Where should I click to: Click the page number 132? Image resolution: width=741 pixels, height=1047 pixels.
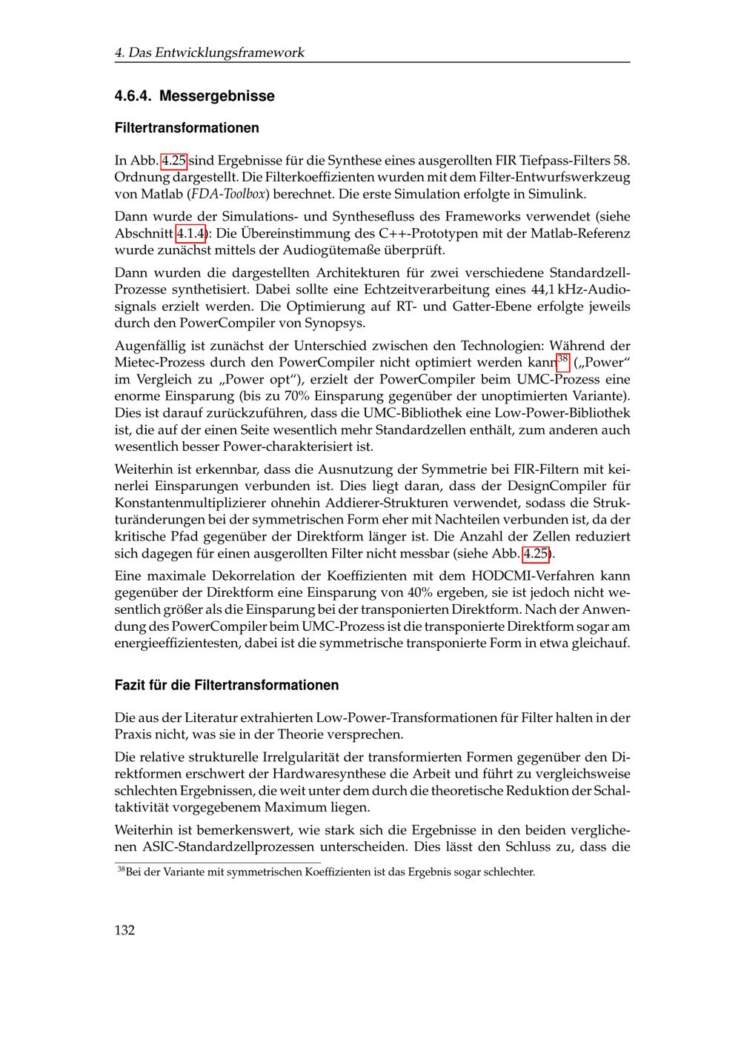pos(124,930)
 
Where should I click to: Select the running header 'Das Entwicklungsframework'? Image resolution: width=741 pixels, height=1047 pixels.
pos(216,53)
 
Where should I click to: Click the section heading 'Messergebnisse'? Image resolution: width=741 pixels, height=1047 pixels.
pos(216,96)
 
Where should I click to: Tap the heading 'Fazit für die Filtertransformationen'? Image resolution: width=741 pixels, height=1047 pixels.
pos(226,685)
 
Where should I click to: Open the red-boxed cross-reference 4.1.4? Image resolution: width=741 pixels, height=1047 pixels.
pos(190,234)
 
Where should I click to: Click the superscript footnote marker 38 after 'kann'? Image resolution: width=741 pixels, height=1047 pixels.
pos(562,359)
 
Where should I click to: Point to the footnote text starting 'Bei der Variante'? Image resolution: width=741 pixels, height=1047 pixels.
pos(330,872)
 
